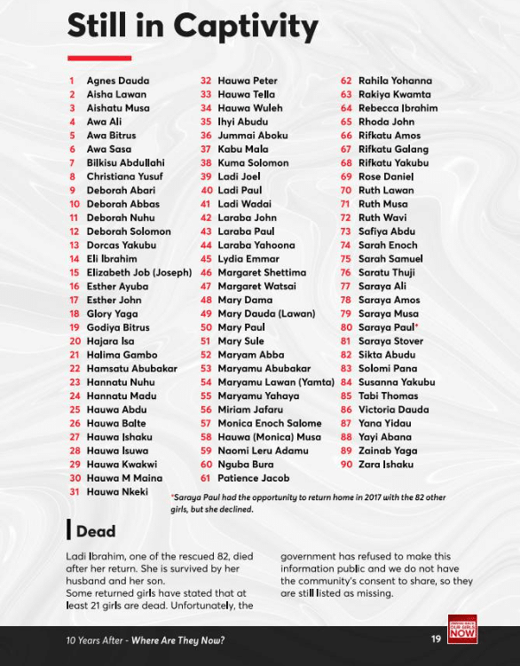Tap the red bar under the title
pos(98,59)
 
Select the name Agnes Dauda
pos(117,81)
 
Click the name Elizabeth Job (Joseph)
pos(138,273)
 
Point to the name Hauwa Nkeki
pos(117,492)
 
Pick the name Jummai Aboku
pos(252,136)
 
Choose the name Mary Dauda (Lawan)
pos(266,314)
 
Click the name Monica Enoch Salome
pos(270,424)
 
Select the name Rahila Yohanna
pos(395,81)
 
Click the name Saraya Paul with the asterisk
pos(388,328)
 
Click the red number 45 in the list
pos(206,259)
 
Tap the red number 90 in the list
pos(346,465)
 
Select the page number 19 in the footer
pos(436,639)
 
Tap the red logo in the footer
pos(462,630)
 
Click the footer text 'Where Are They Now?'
pos(177,640)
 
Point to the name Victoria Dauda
pos(394,410)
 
